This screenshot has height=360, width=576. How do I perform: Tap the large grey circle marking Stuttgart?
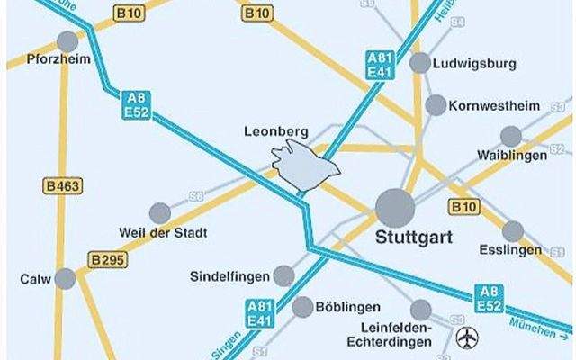coord(395,208)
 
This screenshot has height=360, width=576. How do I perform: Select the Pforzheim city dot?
coord(67,41)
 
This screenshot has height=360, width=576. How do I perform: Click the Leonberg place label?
coord(276,131)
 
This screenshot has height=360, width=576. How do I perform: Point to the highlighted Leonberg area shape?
coord(303,165)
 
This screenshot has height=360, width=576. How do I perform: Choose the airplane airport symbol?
coord(467,338)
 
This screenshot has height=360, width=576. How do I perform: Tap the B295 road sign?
coord(108,260)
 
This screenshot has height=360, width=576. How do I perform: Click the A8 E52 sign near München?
coord(488,298)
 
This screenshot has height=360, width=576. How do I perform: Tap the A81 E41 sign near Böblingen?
coord(258,313)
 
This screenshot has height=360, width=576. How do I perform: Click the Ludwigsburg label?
coord(473,65)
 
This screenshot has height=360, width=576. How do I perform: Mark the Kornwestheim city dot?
coord(436,105)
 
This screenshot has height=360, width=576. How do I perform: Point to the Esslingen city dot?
coord(513,231)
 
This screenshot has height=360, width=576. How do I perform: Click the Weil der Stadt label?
coord(163,233)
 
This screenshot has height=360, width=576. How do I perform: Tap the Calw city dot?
coord(65,278)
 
